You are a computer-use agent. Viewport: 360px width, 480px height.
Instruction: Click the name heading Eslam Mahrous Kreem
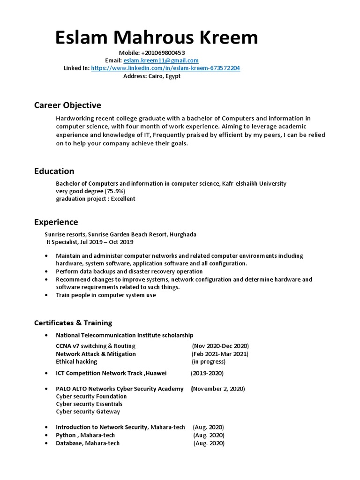click(157, 38)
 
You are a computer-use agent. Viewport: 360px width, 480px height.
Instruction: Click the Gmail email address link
click(161, 60)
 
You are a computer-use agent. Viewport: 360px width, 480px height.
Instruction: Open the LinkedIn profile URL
click(165, 68)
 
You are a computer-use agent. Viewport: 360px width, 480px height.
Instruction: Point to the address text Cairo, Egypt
click(165, 76)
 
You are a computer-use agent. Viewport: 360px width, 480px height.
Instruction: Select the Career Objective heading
click(67, 105)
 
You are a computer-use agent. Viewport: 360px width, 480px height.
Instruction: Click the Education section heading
click(54, 171)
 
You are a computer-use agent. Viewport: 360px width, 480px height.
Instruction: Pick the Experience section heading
click(56, 222)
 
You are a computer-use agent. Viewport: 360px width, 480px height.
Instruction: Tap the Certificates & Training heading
click(73, 322)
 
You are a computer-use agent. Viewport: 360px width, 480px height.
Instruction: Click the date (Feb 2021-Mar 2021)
click(220, 354)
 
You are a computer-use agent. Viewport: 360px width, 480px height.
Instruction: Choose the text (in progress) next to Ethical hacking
click(209, 361)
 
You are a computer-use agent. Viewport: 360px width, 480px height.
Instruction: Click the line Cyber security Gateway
click(88, 412)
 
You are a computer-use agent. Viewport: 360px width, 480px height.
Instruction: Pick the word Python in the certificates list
click(66, 435)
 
